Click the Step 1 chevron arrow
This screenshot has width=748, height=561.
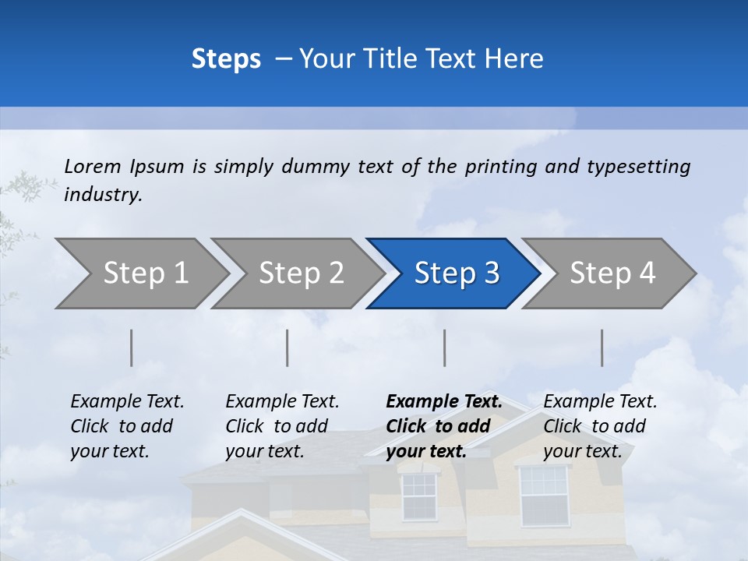(x=145, y=273)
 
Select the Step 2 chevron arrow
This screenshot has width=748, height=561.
(x=301, y=273)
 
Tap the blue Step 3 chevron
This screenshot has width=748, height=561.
(x=457, y=273)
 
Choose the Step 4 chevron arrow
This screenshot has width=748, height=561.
(x=612, y=273)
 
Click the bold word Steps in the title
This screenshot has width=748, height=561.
(x=226, y=58)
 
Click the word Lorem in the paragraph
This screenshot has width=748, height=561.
(x=93, y=166)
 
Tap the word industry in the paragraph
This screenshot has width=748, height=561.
(x=102, y=195)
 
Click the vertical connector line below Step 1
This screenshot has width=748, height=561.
(x=132, y=348)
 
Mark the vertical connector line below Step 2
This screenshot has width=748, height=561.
(x=288, y=348)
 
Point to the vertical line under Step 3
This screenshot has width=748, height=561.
(x=445, y=348)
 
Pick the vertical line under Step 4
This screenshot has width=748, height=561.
(x=602, y=348)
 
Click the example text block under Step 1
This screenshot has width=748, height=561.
(x=127, y=426)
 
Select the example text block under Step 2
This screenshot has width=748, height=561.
(x=282, y=426)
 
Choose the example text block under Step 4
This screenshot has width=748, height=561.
(x=600, y=426)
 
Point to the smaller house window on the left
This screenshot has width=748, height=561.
(x=419, y=496)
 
